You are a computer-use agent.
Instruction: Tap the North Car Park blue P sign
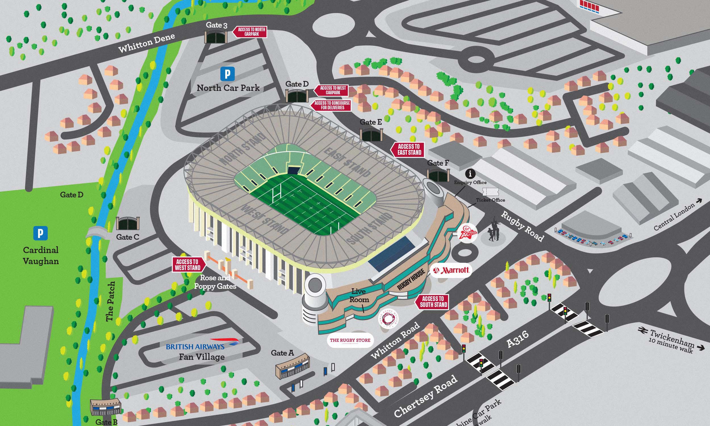227,74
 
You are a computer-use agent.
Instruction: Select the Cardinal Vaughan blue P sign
40,233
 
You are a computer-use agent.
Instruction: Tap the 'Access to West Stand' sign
188,265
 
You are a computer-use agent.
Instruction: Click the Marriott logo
451,270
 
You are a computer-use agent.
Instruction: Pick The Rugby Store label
350,341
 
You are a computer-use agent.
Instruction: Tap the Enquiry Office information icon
470,174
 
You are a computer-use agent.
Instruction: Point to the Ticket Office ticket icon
490,192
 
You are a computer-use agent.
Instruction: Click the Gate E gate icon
371,134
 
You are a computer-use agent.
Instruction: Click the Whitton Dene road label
147,43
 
